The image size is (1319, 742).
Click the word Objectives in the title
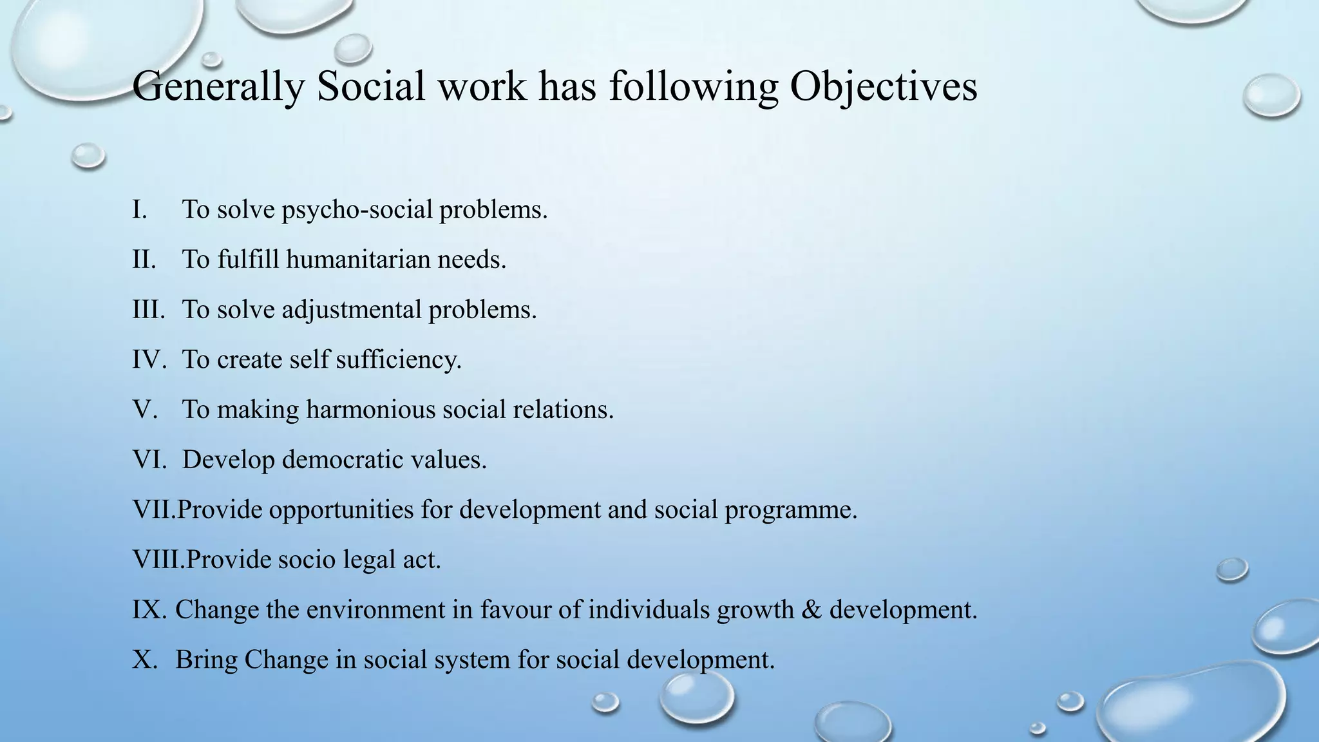coord(884,87)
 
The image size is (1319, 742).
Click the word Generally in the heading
coord(218,87)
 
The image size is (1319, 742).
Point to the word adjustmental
coord(352,310)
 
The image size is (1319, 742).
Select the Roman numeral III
coord(149,310)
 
